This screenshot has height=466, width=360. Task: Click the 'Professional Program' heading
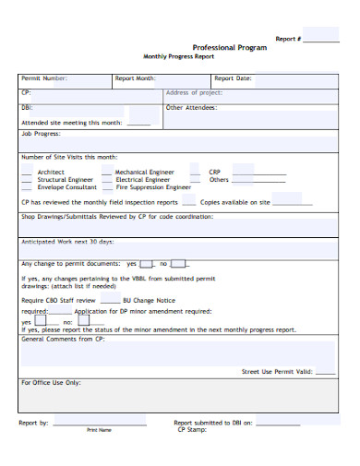[230, 47]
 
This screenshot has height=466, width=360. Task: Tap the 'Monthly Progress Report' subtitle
[178, 56]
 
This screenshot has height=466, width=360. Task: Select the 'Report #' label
[287, 39]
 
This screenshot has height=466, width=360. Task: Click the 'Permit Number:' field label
[44, 78]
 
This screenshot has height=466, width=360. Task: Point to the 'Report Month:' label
[135, 78]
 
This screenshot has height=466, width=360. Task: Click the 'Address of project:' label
[194, 93]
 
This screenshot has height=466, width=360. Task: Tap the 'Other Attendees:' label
[192, 108]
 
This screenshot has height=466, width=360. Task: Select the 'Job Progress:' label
[42, 133]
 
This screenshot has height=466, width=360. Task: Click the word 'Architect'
[51, 172]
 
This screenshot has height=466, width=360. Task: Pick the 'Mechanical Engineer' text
[144, 172]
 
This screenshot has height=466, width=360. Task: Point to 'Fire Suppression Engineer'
[153, 186]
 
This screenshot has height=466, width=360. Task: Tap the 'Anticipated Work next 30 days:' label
[67, 242]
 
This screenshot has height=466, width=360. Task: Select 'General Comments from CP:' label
[63, 339]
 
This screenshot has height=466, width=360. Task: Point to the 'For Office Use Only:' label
[51, 382]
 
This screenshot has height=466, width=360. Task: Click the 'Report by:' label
[33, 422]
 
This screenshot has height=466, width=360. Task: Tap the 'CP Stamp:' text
[193, 429]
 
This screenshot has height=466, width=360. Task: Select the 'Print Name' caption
[99, 430]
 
